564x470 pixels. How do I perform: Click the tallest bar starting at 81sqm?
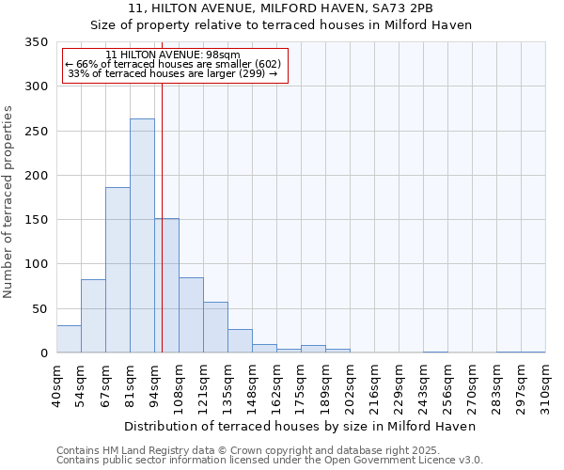142,236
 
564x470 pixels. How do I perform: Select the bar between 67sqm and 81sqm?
117,270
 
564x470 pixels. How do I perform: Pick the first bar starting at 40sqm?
69,339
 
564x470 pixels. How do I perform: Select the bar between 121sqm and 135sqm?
215,327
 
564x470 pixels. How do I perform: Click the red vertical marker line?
162,207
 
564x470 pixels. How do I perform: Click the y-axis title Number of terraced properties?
8,202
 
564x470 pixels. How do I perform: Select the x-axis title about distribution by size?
300,426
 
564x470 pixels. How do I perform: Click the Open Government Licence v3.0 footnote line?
270,460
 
